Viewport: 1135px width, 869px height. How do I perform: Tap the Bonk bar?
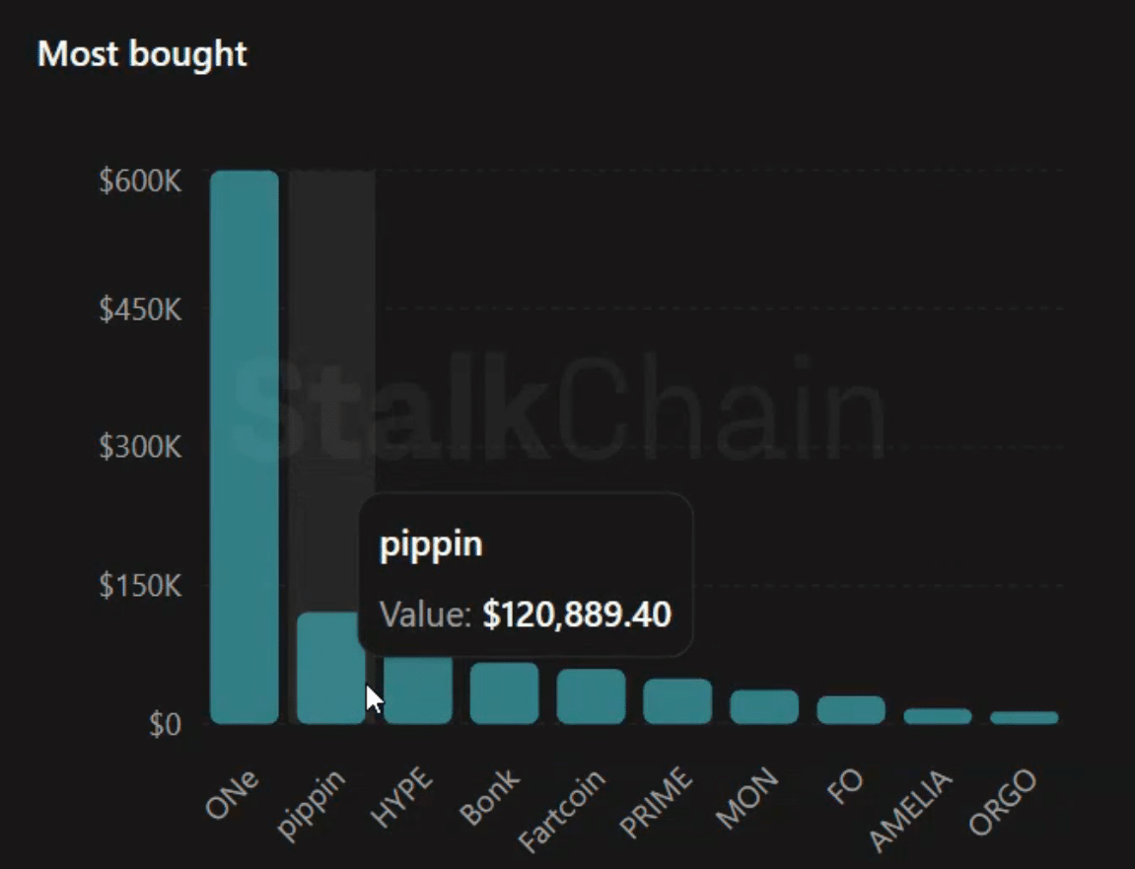[x=504, y=693]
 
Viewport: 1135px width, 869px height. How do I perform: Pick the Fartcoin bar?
[x=591, y=696]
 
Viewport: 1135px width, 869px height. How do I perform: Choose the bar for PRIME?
[x=677, y=701]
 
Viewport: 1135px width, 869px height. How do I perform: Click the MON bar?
[x=764, y=707]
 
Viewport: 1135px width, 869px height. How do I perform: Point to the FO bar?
[x=851, y=710]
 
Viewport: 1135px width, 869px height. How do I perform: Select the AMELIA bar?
[x=938, y=716]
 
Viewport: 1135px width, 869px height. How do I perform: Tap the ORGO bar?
[x=1025, y=718]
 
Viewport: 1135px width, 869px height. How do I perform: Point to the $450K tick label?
[x=141, y=309]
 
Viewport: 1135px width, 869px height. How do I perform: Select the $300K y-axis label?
[x=141, y=447]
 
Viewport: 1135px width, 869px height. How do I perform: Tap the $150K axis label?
[x=141, y=585]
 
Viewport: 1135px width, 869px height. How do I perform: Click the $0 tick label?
[x=165, y=725]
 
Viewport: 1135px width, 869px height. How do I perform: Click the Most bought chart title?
[x=142, y=54]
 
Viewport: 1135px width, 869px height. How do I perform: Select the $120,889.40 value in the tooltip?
[x=577, y=615]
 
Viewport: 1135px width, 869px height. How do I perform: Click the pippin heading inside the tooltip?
[x=431, y=544]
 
